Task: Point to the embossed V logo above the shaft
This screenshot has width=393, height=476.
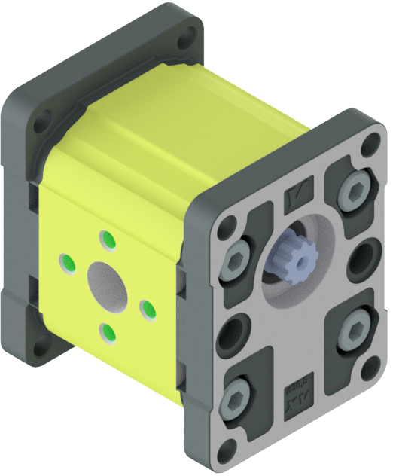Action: coord(298,203)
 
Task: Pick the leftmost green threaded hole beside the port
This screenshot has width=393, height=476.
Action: coord(66,263)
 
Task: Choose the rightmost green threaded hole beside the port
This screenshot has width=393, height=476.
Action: coord(148,308)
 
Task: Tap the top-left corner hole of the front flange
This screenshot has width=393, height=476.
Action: coord(228,224)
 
